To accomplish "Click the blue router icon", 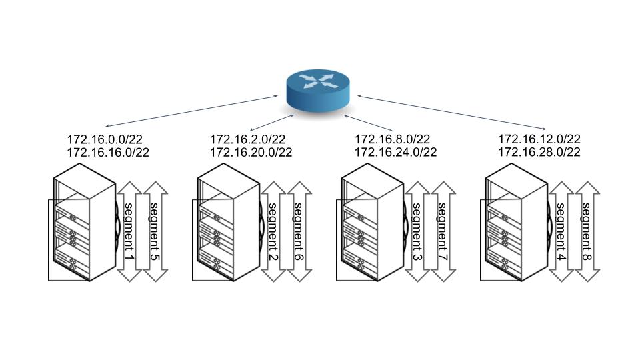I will click(x=318, y=90).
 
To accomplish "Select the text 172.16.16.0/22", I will click(x=107, y=152).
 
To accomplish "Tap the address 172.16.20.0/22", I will click(x=251, y=152).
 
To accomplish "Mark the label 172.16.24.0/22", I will click(x=395, y=152).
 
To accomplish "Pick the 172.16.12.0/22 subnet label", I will click(x=539, y=139).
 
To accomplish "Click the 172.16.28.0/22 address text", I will click(x=539, y=152).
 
